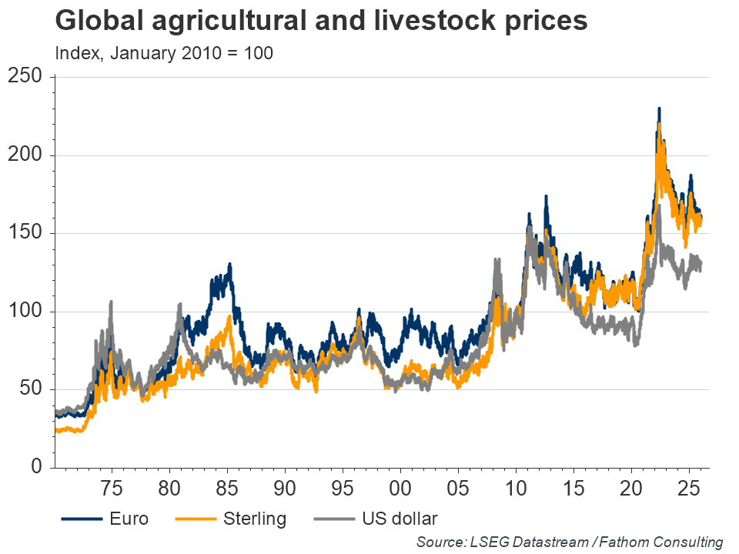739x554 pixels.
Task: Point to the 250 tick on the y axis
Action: pyautogui.click(x=26, y=77)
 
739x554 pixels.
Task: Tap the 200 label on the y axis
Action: pyautogui.click(x=26, y=155)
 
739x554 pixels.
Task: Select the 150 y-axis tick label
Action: pyautogui.click(x=26, y=233)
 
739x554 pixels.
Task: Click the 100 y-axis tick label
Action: pyautogui.click(x=26, y=312)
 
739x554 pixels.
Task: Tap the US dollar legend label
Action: pyautogui.click(x=399, y=519)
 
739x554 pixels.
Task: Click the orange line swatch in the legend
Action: pyautogui.click(x=194, y=519)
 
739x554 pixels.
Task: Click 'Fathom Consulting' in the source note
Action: pyautogui.click(x=665, y=542)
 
